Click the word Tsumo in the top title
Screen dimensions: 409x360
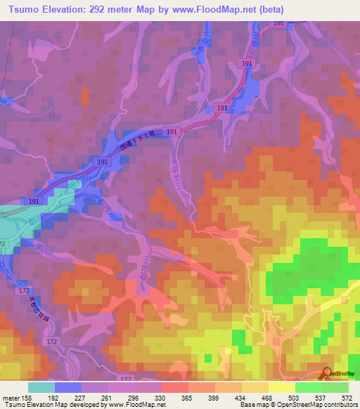(x=21, y=9)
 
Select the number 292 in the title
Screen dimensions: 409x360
(x=103, y=9)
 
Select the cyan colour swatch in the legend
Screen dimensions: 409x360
(x=41, y=387)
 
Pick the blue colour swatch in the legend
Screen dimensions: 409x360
(x=68, y=387)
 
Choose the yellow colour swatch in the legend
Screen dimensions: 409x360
(x=282, y=387)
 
